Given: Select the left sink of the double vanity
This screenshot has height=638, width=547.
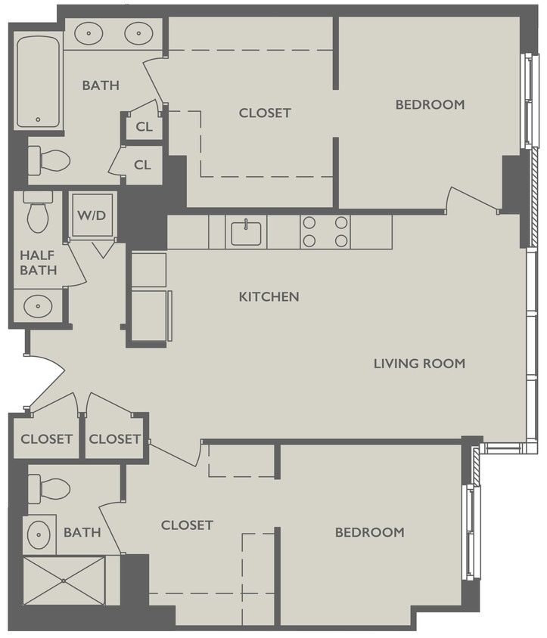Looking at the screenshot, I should (91, 33).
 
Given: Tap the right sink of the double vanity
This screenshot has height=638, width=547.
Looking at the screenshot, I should (138, 33).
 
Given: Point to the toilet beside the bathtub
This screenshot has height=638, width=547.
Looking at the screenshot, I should (48, 159).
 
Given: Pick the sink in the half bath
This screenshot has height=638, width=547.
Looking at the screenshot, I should (36, 305).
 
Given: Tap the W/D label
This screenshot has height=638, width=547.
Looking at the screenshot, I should (91, 214).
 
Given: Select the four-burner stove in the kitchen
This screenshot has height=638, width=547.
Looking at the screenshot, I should (325, 232).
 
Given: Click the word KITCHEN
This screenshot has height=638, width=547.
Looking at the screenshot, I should (269, 297).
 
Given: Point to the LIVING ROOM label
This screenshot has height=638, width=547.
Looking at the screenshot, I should (419, 364).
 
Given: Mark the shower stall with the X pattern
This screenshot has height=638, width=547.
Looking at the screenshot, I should (64, 581).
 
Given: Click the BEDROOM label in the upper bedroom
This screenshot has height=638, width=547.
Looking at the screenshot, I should (430, 105).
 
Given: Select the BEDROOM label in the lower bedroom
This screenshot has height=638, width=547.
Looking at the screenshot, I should (369, 532).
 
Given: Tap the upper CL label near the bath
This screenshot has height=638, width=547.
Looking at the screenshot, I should (144, 127).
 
